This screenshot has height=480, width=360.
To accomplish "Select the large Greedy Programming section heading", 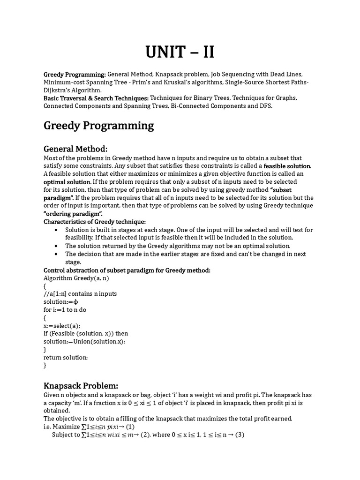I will pos(98,126).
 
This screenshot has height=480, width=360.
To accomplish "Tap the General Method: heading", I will pos(75,149).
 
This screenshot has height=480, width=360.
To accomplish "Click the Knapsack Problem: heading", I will pos(81,386).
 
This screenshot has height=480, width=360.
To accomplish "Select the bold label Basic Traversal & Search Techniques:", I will pos(96,98).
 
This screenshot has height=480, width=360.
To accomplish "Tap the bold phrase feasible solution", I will pos(287,166).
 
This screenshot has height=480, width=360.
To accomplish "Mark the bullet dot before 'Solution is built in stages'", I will pos(56,230).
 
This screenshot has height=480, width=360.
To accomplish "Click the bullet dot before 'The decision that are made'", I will pos(56,254).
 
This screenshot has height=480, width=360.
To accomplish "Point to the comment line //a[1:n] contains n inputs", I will pos(80,293).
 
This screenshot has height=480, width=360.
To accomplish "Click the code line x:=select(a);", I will pos(62,325).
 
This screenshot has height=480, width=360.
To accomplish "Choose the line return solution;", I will pos(66,357).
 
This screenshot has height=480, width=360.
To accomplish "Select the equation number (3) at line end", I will pos(240,435).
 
